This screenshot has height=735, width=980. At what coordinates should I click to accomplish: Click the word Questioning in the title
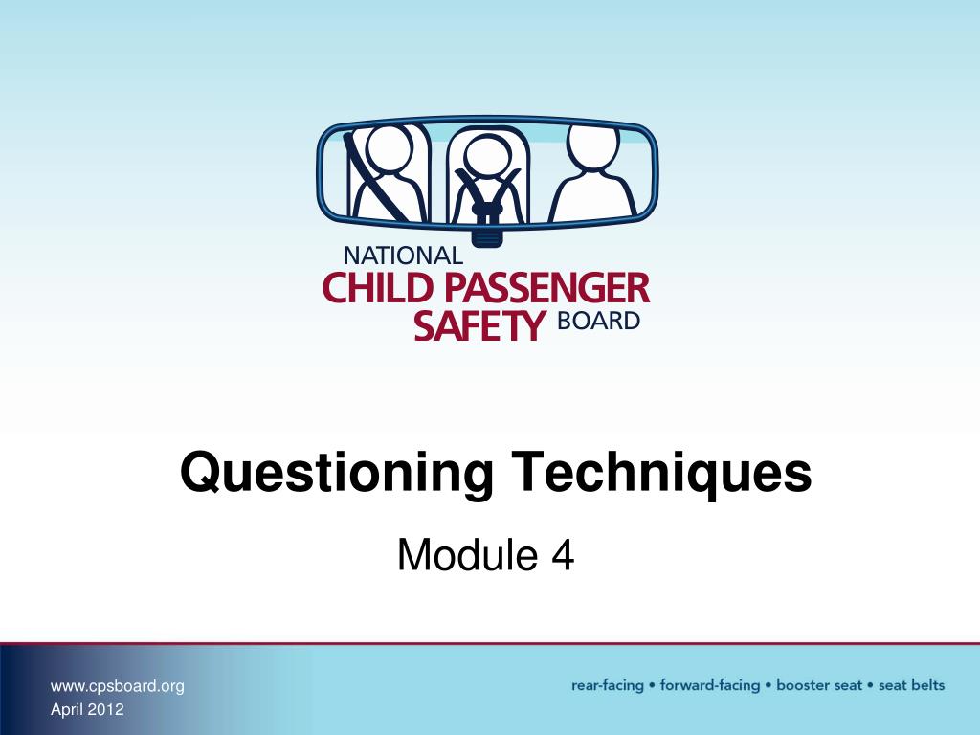(x=337, y=473)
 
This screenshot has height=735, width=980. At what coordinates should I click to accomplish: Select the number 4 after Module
(x=562, y=556)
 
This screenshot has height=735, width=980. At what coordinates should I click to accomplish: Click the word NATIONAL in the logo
(x=402, y=256)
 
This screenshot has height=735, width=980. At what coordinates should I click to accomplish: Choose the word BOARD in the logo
(x=597, y=321)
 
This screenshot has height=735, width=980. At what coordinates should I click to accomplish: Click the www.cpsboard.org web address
(x=117, y=685)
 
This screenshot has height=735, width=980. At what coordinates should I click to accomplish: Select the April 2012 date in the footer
(x=87, y=709)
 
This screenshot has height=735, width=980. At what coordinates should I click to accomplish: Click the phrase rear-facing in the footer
(x=607, y=685)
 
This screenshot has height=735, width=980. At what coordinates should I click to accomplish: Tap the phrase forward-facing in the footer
(x=711, y=685)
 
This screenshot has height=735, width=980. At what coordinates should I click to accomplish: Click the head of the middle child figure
(x=487, y=154)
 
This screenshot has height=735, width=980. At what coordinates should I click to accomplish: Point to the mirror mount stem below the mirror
(x=488, y=231)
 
